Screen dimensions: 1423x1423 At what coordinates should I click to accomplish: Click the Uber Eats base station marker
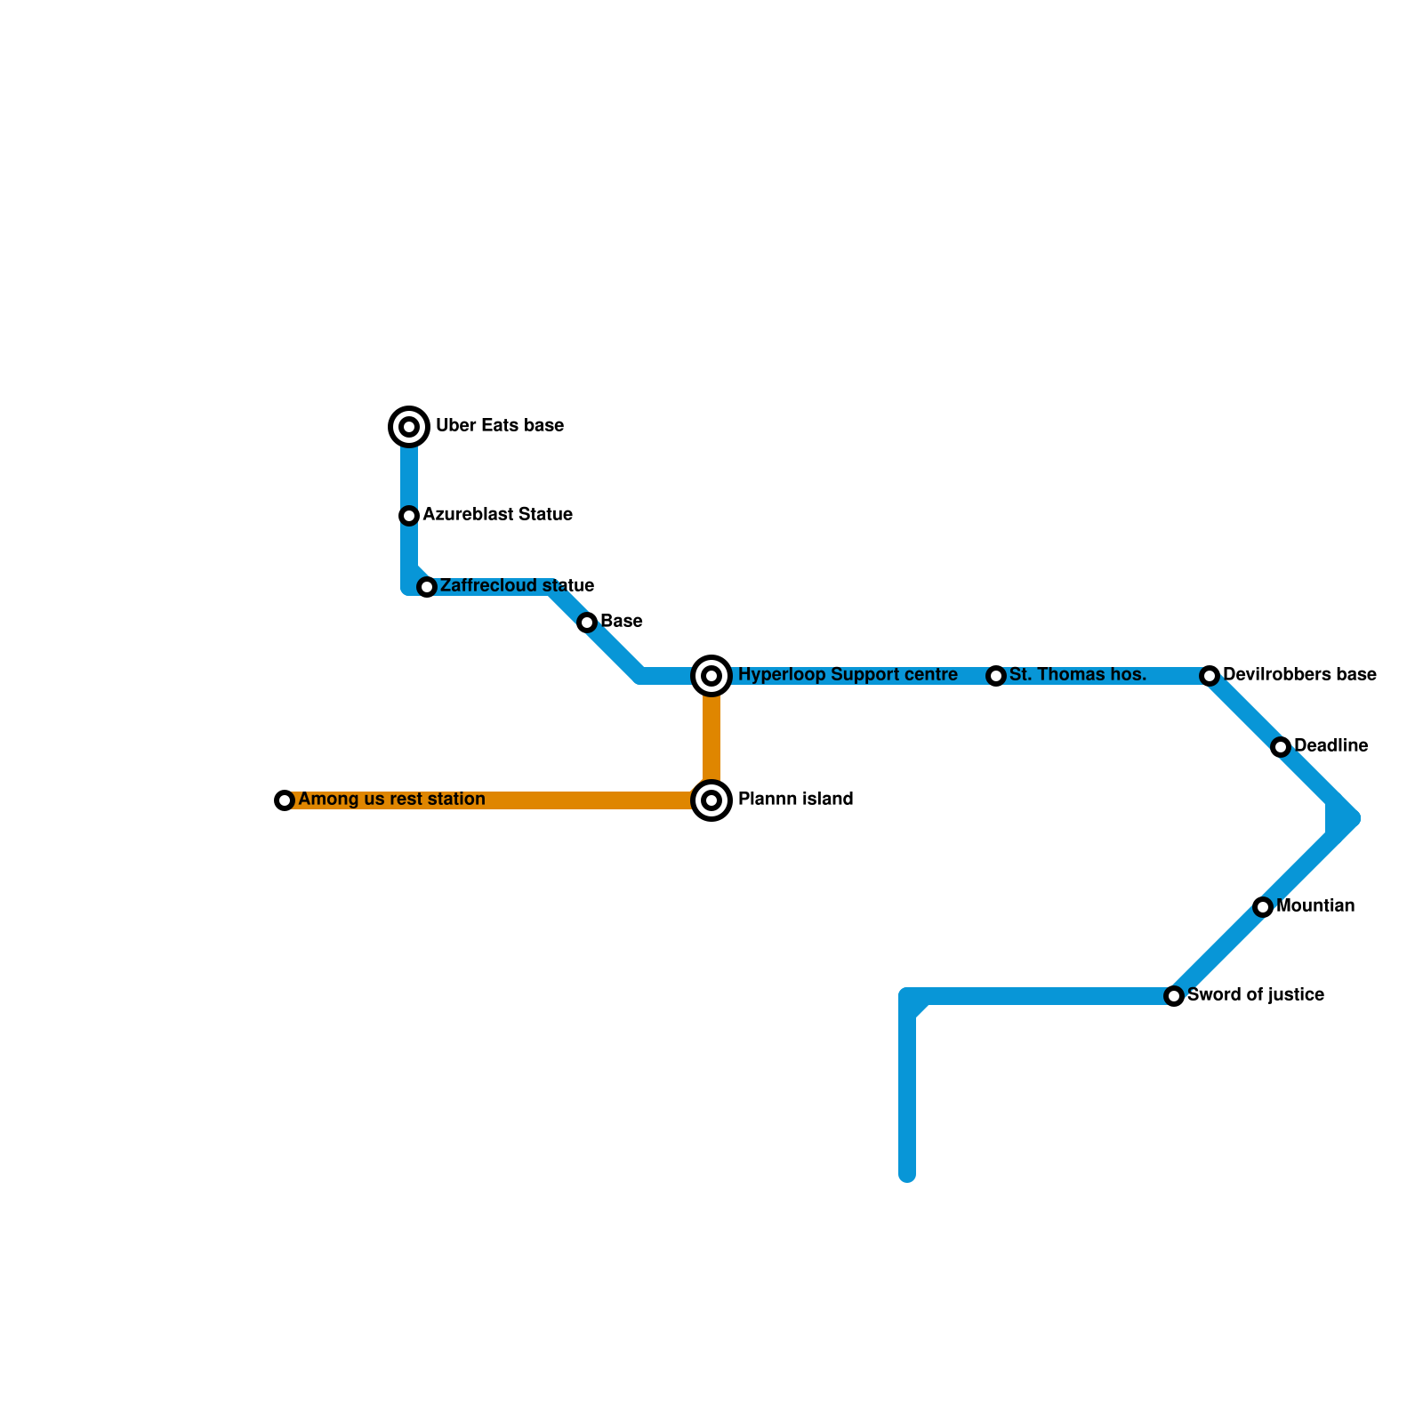[409, 427]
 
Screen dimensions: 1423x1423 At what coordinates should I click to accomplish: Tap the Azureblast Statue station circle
[409, 516]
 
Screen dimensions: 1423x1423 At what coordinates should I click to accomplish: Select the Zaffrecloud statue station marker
[427, 587]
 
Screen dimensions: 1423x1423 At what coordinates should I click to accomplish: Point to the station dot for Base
[587, 623]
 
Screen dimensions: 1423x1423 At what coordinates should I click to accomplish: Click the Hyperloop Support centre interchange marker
[711, 676]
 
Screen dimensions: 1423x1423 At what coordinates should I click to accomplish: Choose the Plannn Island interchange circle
[711, 800]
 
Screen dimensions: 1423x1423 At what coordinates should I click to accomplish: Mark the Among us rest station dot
[285, 800]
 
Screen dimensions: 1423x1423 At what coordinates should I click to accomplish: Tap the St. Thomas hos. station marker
[996, 676]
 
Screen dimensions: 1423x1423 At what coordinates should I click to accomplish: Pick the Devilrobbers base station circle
[1210, 676]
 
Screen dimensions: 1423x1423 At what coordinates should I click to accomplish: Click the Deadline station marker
[1281, 747]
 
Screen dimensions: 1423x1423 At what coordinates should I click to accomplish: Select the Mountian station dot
[1263, 907]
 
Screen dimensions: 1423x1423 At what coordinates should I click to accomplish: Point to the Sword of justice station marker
[1174, 996]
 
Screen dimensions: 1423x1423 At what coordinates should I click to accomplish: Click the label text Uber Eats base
[500, 426]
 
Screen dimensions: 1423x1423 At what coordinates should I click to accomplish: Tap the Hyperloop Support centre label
[848, 675]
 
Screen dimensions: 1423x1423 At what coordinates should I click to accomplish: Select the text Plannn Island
[795, 800]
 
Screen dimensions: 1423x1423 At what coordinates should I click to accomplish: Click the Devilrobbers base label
[1299, 675]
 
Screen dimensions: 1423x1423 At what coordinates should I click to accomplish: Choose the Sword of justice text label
[1256, 995]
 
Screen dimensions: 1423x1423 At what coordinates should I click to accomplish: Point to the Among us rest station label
[391, 800]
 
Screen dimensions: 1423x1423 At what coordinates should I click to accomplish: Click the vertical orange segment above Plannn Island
[711, 738]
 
